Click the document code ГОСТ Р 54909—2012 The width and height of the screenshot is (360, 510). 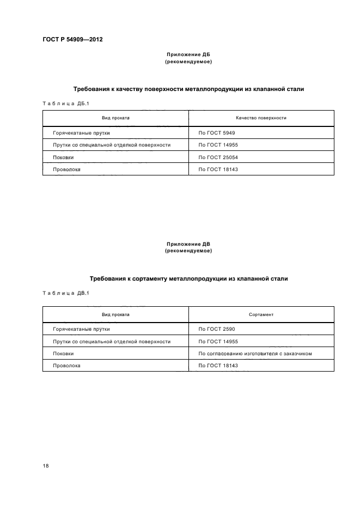click(72, 40)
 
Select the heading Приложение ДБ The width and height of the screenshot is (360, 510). click(188, 55)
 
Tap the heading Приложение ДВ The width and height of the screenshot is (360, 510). click(188, 245)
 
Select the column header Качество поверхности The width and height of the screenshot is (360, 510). click(261, 118)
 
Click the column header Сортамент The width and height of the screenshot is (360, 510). click(261, 314)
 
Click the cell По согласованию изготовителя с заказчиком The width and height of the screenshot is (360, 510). click(255, 354)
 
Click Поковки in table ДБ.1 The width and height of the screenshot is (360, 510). click(63, 157)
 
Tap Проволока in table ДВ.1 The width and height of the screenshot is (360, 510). click(66, 366)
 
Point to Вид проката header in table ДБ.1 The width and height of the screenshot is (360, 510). click(115, 118)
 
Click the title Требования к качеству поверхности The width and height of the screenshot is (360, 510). click(188, 88)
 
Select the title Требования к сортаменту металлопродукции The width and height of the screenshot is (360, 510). click(188, 278)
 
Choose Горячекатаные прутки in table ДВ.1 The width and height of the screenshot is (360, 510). click(81, 330)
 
